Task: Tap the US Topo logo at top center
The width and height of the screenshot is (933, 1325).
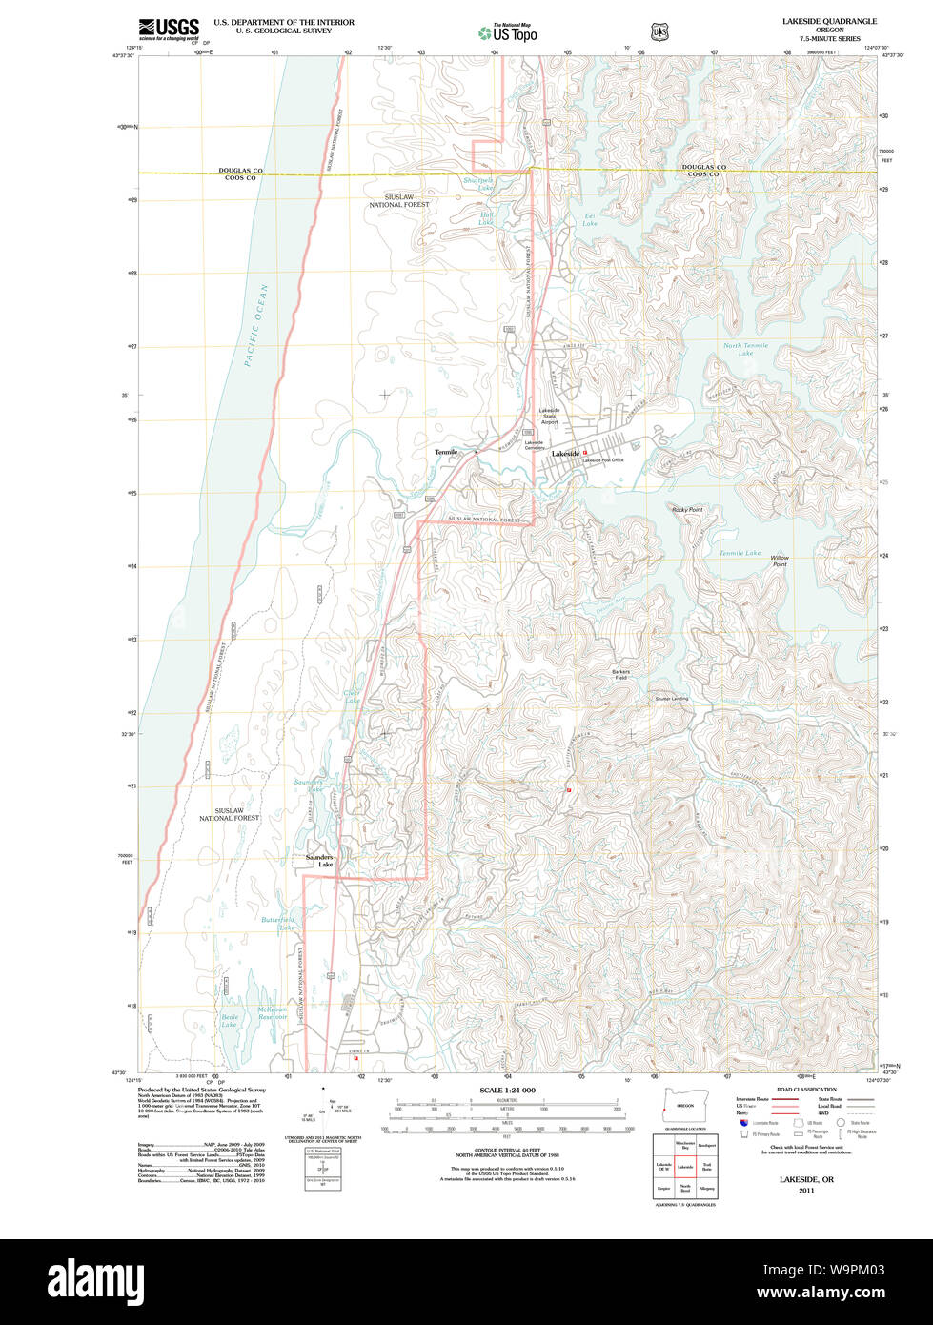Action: [x=507, y=32]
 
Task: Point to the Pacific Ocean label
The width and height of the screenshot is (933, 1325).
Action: [x=255, y=325]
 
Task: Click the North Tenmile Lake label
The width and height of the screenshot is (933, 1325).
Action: [x=745, y=350]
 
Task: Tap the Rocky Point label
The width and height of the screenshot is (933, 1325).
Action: [x=686, y=510]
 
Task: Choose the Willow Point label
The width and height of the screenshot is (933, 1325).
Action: [x=780, y=561]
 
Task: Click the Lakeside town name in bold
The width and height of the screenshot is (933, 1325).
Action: [x=565, y=454]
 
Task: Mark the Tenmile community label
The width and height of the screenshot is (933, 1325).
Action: [x=446, y=452]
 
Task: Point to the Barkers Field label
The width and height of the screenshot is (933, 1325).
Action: [x=620, y=674]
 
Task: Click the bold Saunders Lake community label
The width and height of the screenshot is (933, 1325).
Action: [x=319, y=861]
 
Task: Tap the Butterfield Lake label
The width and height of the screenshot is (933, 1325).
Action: [x=278, y=923]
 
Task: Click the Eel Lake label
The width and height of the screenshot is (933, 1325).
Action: [x=590, y=220]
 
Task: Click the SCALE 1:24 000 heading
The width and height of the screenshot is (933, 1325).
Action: [x=507, y=1091]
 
